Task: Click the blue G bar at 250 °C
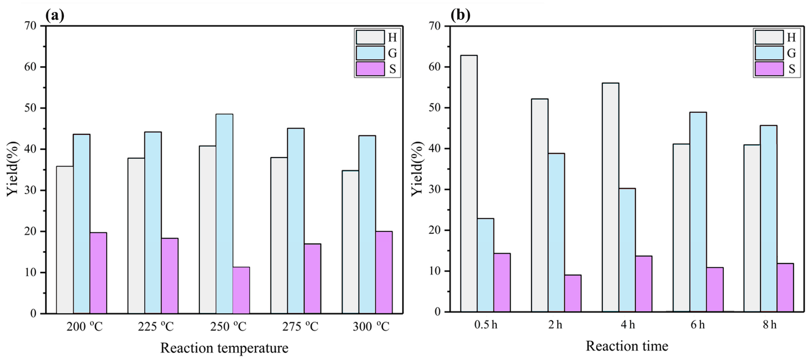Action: (x=224, y=214)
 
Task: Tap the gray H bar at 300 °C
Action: (x=350, y=242)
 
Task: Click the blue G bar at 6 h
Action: (x=698, y=212)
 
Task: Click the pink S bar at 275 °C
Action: (x=312, y=278)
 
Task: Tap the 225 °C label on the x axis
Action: (x=156, y=327)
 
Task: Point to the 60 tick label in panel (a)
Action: (x=30, y=67)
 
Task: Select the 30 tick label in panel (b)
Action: (x=435, y=189)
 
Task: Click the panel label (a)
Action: (x=55, y=15)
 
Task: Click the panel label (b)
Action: (x=460, y=15)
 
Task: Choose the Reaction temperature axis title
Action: (x=224, y=348)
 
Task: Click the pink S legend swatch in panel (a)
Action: (x=370, y=69)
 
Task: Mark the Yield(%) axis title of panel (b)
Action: (x=418, y=169)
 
